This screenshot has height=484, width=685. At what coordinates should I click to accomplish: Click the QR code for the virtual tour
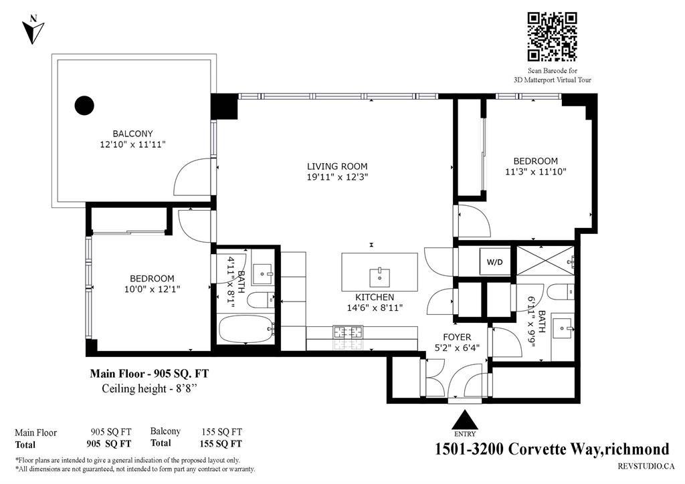tap(552, 37)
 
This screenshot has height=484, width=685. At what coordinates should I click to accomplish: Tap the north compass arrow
tap(33, 31)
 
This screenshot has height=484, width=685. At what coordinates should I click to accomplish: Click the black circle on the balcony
tap(84, 105)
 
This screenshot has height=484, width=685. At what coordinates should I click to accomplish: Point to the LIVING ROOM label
tap(337, 166)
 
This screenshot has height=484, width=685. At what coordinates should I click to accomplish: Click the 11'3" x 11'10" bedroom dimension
tap(535, 172)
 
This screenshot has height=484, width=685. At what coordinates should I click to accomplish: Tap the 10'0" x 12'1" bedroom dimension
tap(152, 289)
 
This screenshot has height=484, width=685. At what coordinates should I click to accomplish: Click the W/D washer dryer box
tap(495, 261)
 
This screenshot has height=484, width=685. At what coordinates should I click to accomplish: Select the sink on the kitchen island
tap(379, 273)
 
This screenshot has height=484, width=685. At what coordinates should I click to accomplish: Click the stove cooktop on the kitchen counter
tap(348, 331)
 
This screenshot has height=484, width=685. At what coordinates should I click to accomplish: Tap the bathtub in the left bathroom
tap(246, 329)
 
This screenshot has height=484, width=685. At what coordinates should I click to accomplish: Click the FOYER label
tap(458, 337)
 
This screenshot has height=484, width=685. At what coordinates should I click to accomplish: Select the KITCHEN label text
tap(374, 297)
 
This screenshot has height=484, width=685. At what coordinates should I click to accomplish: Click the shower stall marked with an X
tap(545, 261)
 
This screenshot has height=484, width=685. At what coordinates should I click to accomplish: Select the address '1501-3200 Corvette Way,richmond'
tap(552, 449)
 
